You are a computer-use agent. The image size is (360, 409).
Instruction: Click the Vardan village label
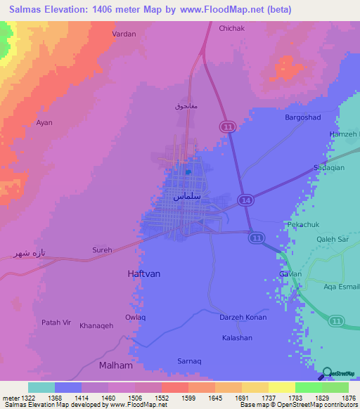124,34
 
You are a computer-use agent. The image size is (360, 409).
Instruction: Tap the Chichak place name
231,28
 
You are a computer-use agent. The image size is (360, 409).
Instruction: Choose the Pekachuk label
304,224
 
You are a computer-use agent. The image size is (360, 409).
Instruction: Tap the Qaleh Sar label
333,238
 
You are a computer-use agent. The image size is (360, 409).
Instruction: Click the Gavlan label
290,274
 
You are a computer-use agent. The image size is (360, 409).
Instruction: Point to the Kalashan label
237,338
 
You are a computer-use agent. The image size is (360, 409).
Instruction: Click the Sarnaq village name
189,361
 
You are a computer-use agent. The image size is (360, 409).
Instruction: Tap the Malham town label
115,365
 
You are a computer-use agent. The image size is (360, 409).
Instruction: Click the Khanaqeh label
96,325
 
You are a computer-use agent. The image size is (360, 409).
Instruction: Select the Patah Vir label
57,322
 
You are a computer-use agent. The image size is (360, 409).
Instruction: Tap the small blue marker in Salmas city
188,171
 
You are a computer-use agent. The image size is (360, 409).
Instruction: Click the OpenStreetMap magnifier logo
327,373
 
